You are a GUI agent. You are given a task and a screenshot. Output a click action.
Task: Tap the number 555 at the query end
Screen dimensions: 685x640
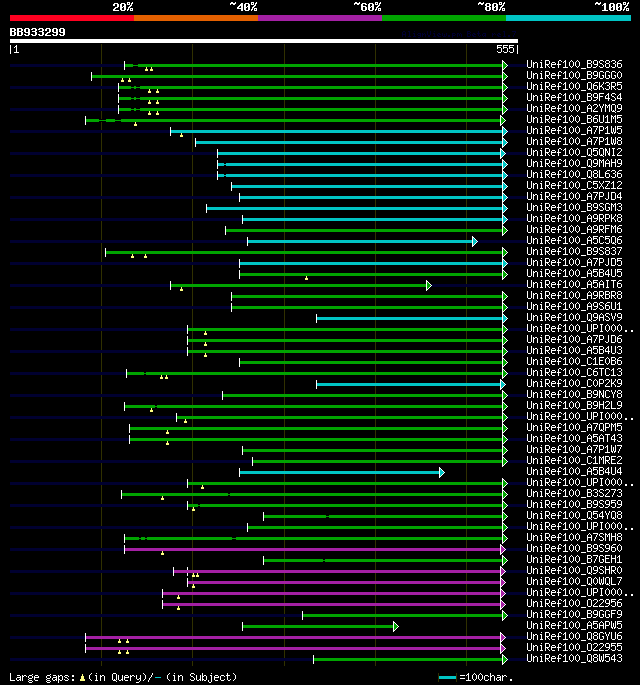[x=505, y=49]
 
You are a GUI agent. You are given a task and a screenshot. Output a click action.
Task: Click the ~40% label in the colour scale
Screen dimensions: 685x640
[x=243, y=7]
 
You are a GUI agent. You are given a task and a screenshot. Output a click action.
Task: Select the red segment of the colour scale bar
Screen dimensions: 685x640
[x=71, y=17]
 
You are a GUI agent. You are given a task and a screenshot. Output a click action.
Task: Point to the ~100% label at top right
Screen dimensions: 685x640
[x=611, y=7]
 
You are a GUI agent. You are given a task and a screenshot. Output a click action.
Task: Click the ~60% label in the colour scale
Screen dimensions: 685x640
[x=367, y=7]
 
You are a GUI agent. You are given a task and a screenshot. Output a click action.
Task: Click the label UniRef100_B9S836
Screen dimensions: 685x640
[x=574, y=65]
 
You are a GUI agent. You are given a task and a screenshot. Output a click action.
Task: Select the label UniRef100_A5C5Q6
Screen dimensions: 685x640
[x=574, y=241]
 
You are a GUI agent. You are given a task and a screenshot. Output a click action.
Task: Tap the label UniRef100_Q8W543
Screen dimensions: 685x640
[x=574, y=659]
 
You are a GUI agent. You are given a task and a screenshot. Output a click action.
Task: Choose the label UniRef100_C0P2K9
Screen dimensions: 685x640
[x=574, y=384]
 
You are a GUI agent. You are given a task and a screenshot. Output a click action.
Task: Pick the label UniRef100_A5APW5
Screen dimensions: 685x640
[x=574, y=626]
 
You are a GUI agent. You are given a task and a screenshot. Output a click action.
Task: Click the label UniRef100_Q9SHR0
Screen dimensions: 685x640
[x=574, y=571]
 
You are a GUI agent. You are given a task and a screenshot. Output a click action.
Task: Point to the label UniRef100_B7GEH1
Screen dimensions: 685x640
[x=574, y=560]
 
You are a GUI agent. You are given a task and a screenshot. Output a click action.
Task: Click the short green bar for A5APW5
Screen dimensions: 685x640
[x=319, y=626]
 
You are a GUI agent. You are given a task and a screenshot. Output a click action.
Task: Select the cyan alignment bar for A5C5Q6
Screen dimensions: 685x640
[x=360, y=241]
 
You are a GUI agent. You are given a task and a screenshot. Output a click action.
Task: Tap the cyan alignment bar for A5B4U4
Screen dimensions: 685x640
[x=340, y=472]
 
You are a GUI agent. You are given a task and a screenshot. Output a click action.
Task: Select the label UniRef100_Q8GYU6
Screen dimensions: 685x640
[x=574, y=637]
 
